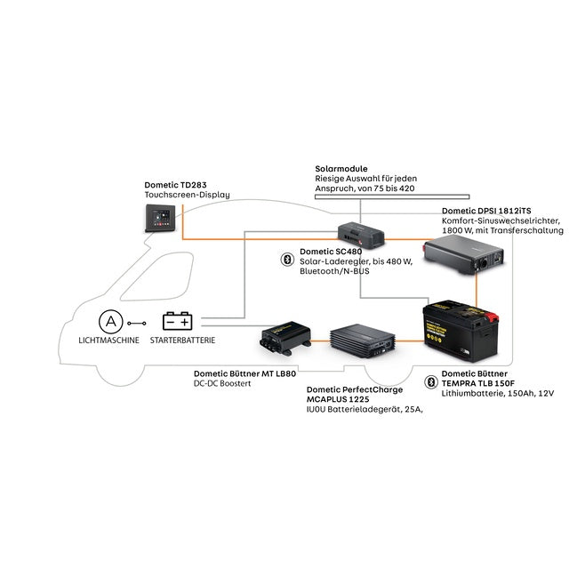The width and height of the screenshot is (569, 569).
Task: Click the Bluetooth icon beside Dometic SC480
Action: pos(286,259)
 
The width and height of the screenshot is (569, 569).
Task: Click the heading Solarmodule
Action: pos(341,168)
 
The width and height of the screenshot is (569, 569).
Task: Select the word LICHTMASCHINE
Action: pos(108,341)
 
